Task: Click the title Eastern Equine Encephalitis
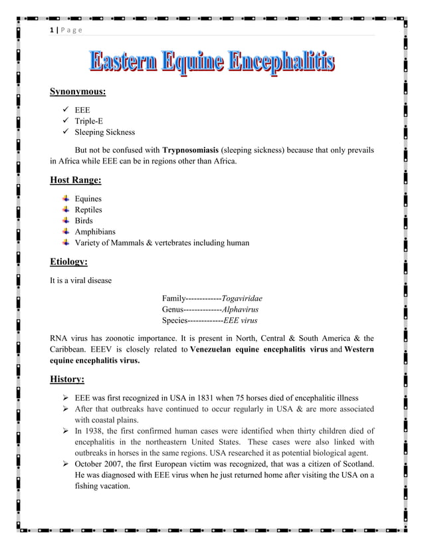[212, 63]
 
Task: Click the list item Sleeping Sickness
[104, 132]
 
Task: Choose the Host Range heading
[76, 180]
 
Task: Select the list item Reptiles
[88, 210]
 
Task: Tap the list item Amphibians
[94, 232]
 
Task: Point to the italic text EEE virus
[240, 320]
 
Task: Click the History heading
[67, 380]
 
